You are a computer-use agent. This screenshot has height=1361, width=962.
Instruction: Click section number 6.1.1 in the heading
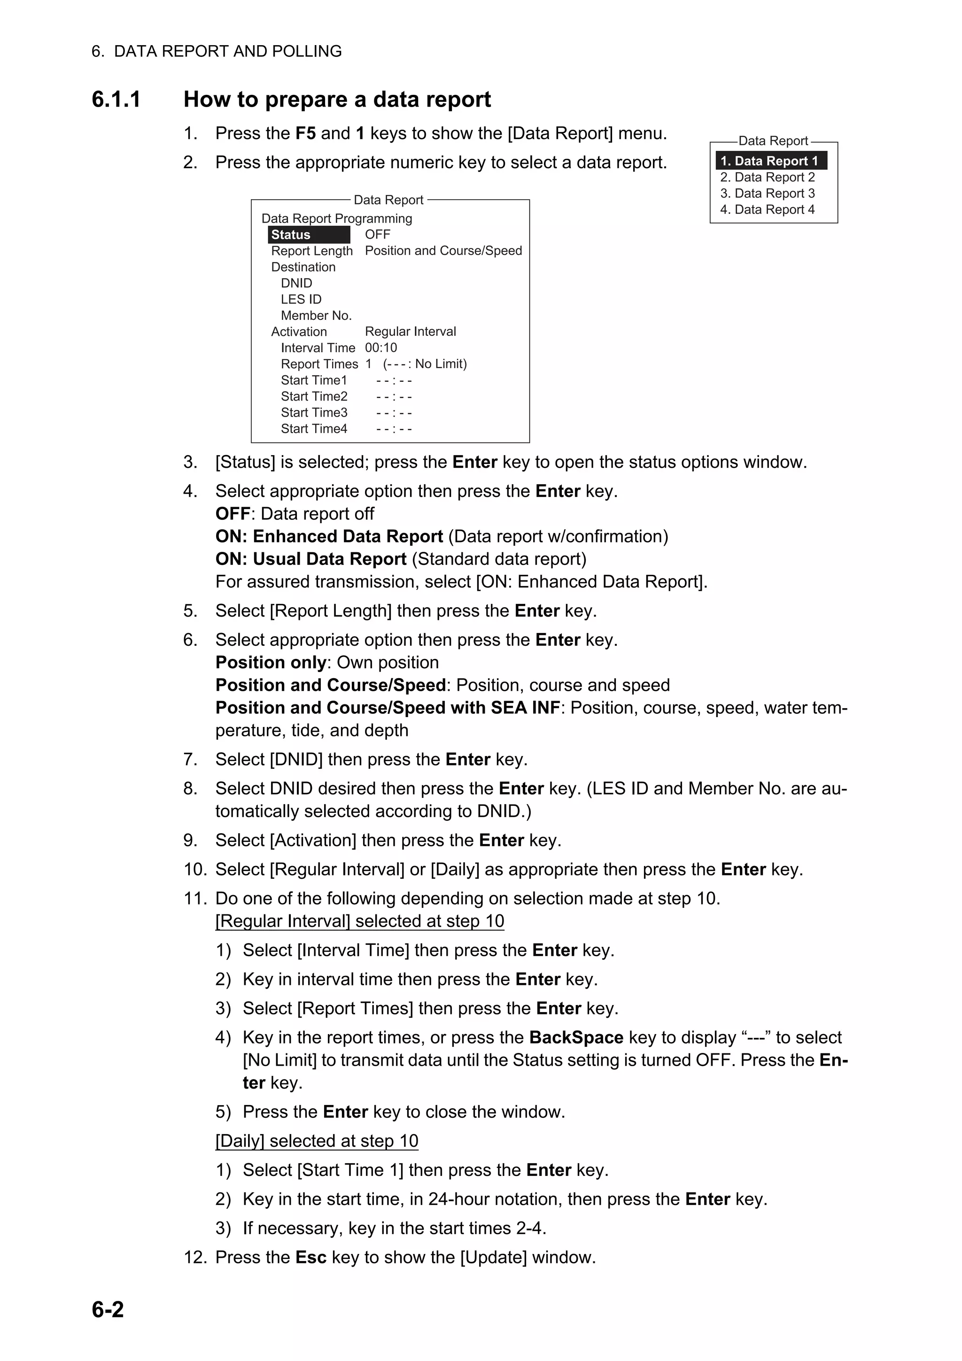(116, 100)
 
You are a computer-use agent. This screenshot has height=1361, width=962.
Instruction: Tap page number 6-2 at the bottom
(108, 1309)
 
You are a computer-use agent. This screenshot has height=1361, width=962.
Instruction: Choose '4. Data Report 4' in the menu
(767, 209)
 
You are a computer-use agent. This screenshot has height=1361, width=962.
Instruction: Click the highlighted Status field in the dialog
(308, 235)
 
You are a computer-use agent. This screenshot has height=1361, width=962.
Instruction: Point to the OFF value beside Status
(378, 235)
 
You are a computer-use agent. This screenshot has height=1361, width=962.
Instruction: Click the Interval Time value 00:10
(381, 348)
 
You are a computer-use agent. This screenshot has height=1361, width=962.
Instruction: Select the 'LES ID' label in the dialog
(301, 299)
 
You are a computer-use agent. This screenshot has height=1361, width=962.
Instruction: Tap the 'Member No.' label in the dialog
(316, 315)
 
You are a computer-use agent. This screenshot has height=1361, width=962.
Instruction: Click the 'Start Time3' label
(314, 412)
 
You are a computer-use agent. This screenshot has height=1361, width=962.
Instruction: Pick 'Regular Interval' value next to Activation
(410, 332)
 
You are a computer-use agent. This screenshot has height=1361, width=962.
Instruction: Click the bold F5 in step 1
(305, 133)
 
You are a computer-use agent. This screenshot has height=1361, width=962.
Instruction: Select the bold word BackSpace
(576, 1037)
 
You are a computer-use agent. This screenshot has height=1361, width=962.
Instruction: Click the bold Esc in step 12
(310, 1257)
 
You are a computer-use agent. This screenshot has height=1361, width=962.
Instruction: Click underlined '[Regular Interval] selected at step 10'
(359, 920)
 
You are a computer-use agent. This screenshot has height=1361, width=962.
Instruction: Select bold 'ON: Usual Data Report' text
(310, 559)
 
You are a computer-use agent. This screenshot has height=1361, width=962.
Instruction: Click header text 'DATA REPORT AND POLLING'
(228, 51)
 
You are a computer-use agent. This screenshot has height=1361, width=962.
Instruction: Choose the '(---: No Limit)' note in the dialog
(424, 364)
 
